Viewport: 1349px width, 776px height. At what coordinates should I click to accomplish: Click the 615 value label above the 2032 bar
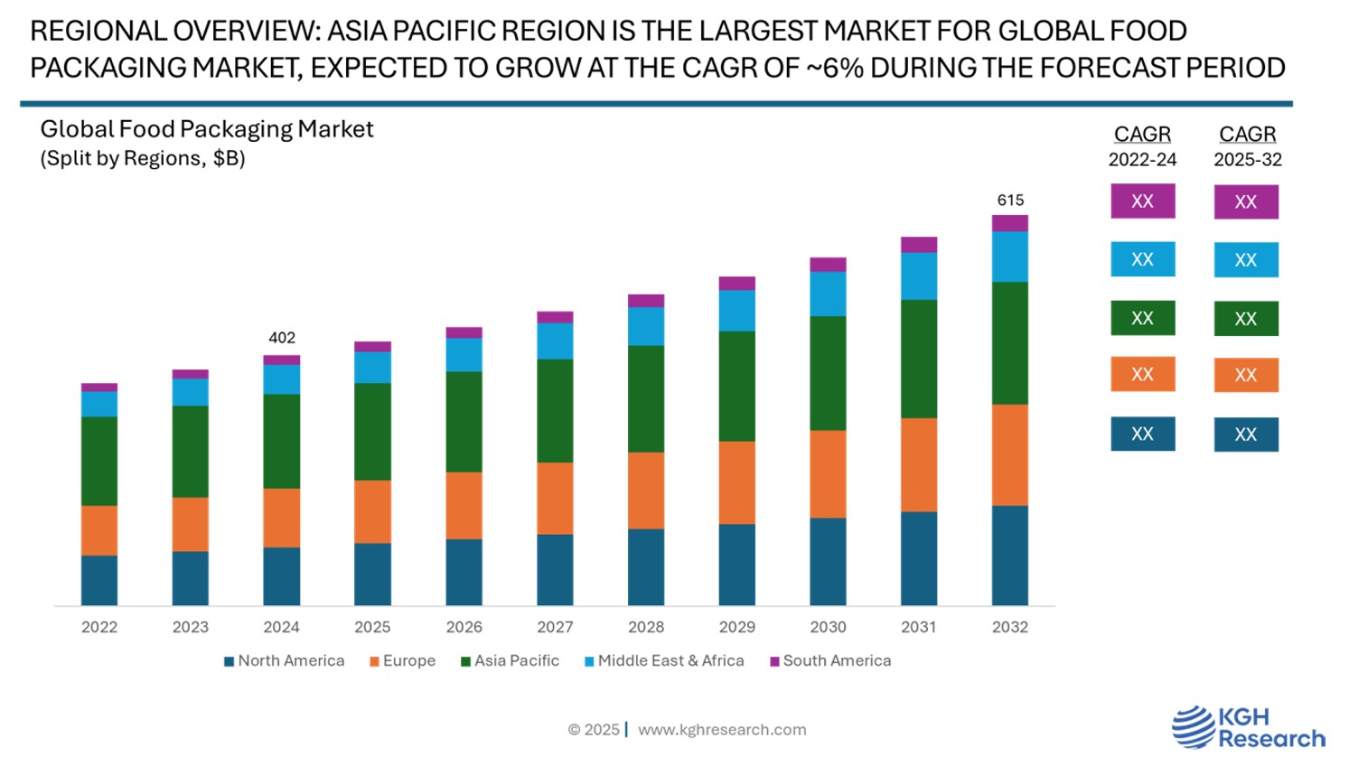[1010, 201]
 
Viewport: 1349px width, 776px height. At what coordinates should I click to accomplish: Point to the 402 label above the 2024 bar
[282, 338]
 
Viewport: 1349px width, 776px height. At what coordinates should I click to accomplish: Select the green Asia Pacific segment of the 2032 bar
[1009, 343]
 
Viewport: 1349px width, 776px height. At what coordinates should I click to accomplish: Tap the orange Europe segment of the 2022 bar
[99, 530]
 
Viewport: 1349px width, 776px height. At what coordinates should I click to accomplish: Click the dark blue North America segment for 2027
[555, 569]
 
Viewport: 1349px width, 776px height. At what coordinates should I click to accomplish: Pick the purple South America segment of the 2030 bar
[828, 265]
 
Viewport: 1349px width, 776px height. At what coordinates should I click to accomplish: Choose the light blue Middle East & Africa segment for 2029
[737, 311]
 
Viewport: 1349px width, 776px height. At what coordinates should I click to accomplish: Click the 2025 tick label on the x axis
[372, 627]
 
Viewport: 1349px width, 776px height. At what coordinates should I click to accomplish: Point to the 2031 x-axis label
[919, 627]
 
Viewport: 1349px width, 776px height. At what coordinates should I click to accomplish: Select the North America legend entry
[285, 661]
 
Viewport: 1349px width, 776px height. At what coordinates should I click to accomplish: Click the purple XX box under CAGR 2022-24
[1143, 201]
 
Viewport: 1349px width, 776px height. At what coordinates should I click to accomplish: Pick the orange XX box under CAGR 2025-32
[1246, 375]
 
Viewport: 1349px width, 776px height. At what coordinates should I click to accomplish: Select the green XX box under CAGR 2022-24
[1143, 318]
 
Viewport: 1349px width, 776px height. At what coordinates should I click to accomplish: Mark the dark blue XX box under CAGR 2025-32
[1246, 435]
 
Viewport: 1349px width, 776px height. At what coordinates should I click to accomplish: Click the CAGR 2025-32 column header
[1248, 145]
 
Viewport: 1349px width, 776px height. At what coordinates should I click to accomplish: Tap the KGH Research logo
[1248, 728]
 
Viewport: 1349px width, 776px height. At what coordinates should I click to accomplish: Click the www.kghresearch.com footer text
[722, 730]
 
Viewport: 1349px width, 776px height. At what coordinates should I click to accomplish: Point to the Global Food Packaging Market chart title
[207, 130]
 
